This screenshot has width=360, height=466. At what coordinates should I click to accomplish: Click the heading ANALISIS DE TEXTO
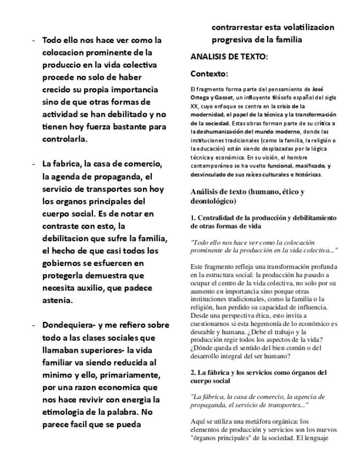pos(229,57)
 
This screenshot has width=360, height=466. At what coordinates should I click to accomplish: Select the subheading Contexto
pos(209,74)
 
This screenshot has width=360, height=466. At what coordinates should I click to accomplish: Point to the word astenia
pos(58,300)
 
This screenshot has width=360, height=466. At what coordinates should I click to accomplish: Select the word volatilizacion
pos(304,27)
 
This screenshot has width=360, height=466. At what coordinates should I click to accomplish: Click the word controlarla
pos(64,139)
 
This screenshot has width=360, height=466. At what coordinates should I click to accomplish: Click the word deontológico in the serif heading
pos(215,202)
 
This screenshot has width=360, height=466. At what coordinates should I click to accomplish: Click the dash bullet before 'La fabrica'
pos(34,164)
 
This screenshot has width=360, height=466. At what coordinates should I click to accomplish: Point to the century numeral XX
pos(194,106)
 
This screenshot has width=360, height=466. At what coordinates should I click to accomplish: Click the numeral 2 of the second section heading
pos(192,373)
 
